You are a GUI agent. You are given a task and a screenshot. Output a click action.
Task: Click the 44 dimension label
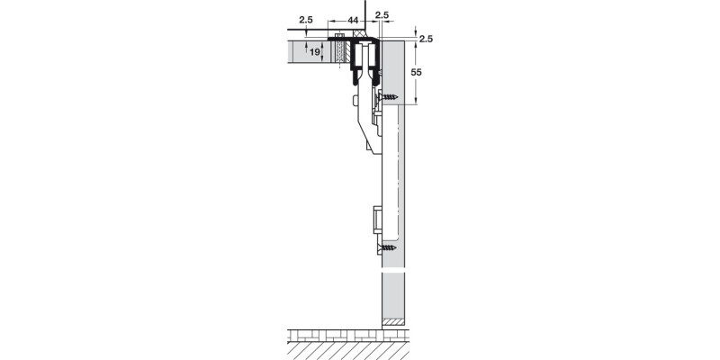coord(353,19)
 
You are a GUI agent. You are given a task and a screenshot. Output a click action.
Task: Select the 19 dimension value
coord(314,53)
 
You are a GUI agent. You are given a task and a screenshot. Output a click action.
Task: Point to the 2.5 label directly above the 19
coord(308,19)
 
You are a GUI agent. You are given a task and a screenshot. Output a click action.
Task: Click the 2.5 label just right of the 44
coord(382,15)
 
